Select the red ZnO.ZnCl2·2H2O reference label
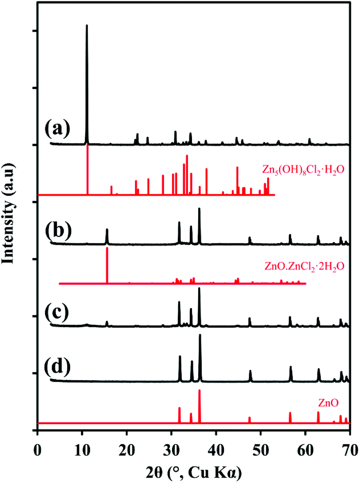(x=305, y=267)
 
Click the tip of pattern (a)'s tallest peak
(x=87, y=25)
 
